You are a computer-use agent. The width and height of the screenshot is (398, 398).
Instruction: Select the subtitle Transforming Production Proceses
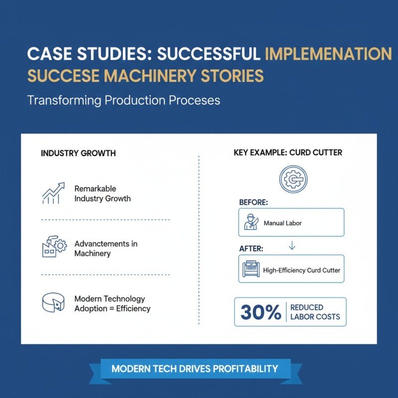coord(123,100)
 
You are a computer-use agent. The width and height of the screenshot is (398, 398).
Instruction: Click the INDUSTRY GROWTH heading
coord(78,153)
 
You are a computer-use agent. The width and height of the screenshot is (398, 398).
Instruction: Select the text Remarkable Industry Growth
coord(102,194)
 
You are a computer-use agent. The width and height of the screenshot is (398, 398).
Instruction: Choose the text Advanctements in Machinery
coord(106,249)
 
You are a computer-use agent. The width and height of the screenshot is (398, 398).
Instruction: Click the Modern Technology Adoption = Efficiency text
coord(112,303)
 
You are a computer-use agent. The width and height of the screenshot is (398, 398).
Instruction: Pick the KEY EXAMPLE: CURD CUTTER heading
coord(288,153)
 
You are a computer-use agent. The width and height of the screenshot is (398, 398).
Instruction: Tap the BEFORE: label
coord(254,202)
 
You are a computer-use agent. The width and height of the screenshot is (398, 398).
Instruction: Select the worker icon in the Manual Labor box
coord(251,222)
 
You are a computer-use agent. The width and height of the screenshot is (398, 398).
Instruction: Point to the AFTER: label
coord(251,248)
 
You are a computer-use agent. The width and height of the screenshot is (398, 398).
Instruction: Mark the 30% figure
coord(261,312)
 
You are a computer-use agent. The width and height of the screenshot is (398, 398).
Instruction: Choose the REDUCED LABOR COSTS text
coord(314,312)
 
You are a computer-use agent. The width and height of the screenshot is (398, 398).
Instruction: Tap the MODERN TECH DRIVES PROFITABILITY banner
coord(201,369)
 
